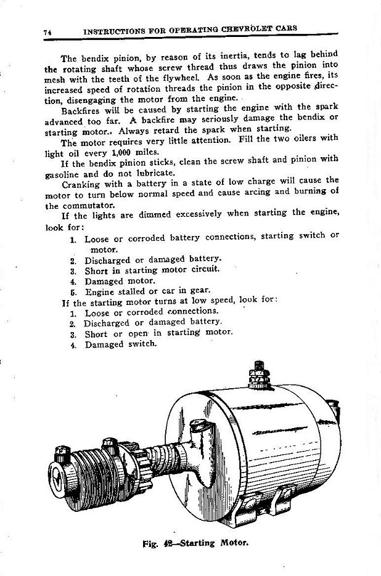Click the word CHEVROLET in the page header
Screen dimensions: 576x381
click(252, 28)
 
